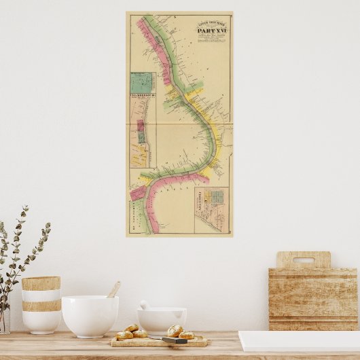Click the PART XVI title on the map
[212, 31]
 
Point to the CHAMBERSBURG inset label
[143, 96]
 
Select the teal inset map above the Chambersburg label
[142, 82]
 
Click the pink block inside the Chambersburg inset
[141, 126]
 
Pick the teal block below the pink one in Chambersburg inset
[142, 137]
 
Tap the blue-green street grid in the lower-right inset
[217, 197]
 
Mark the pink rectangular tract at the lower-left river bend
[138, 192]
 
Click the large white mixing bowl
[90, 315]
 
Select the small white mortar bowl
[162, 320]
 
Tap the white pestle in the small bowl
[145, 306]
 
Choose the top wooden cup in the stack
[41, 283]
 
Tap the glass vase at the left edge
[4, 319]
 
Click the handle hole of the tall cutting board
[304, 259]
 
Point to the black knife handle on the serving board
[174, 340]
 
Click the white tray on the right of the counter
[299, 341]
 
